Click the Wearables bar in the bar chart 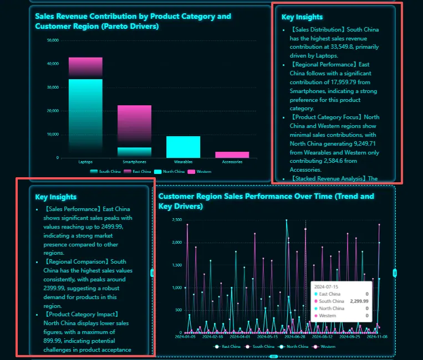click(x=183, y=147)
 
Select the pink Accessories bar click(x=232, y=155)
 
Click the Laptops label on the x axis click(x=85, y=162)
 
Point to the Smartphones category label click(x=134, y=162)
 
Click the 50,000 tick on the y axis click(x=53, y=40)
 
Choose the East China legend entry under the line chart click(x=230, y=346)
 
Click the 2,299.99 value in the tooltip click(x=359, y=301)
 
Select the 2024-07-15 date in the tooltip click(x=327, y=287)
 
